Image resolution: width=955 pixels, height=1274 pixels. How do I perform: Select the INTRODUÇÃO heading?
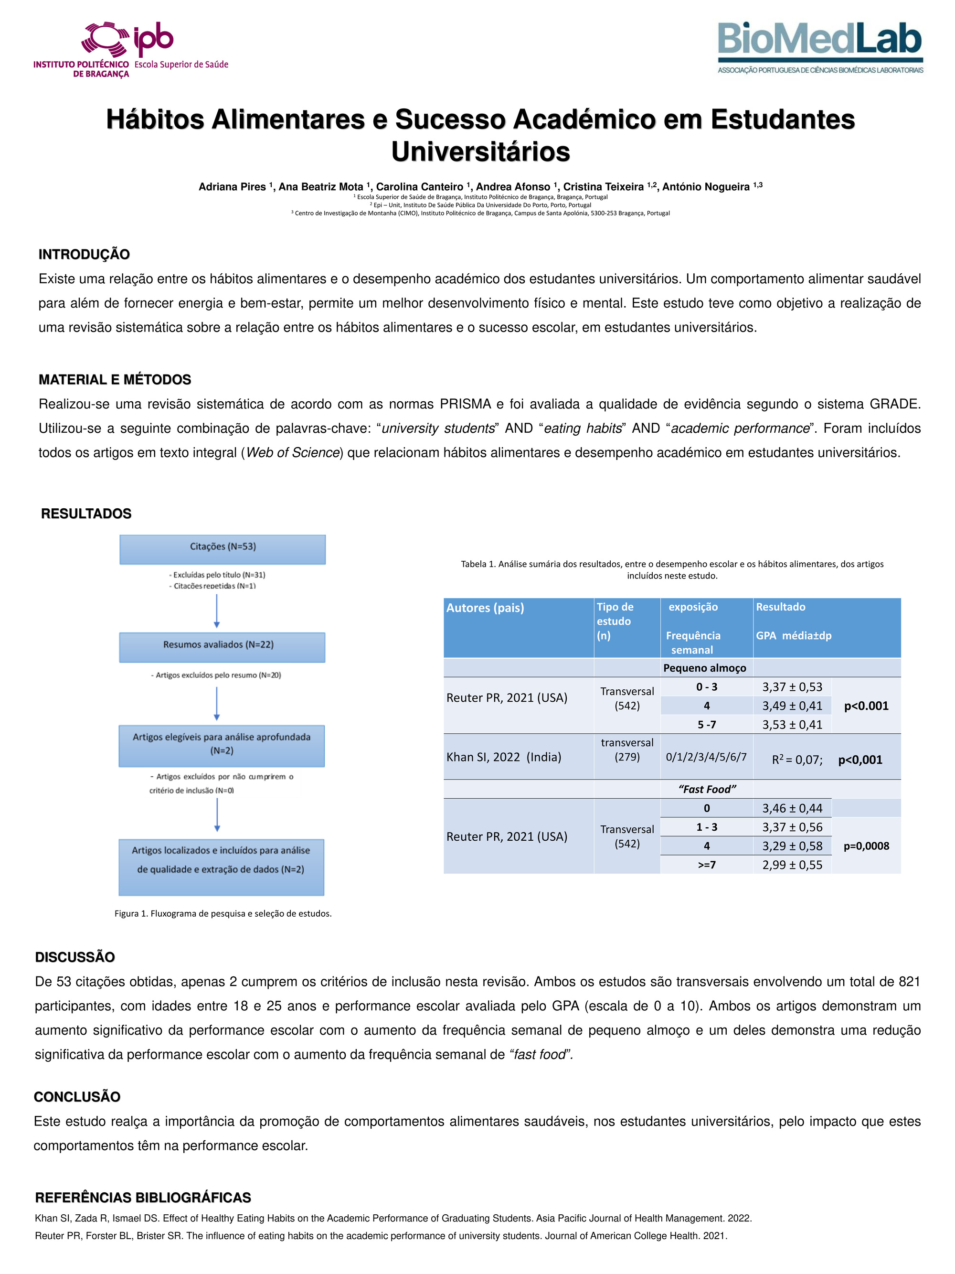(x=84, y=254)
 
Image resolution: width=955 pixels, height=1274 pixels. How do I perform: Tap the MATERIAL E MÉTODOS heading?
(x=115, y=380)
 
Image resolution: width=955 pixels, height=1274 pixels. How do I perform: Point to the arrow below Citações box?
(x=216, y=610)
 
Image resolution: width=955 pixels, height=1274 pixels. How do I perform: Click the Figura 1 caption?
(x=223, y=913)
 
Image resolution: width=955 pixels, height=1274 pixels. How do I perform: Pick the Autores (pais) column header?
(x=485, y=608)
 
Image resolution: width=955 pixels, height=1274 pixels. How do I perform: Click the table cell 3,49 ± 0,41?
(x=792, y=706)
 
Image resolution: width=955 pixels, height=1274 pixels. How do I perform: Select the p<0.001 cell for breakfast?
(x=866, y=706)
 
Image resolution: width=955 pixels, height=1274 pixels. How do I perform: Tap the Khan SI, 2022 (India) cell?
(x=504, y=757)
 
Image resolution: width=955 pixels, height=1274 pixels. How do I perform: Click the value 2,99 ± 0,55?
(x=792, y=865)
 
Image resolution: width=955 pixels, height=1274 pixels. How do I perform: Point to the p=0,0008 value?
(x=866, y=846)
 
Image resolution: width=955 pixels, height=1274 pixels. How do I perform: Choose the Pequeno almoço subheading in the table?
(x=705, y=667)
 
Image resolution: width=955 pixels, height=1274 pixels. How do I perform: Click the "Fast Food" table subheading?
(x=707, y=789)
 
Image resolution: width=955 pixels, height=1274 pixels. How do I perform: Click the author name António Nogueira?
(x=706, y=187)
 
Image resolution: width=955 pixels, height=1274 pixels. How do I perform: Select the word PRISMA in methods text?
(x=465, y=404)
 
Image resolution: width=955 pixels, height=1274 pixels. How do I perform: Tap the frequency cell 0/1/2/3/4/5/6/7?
(x=706, y=757)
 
